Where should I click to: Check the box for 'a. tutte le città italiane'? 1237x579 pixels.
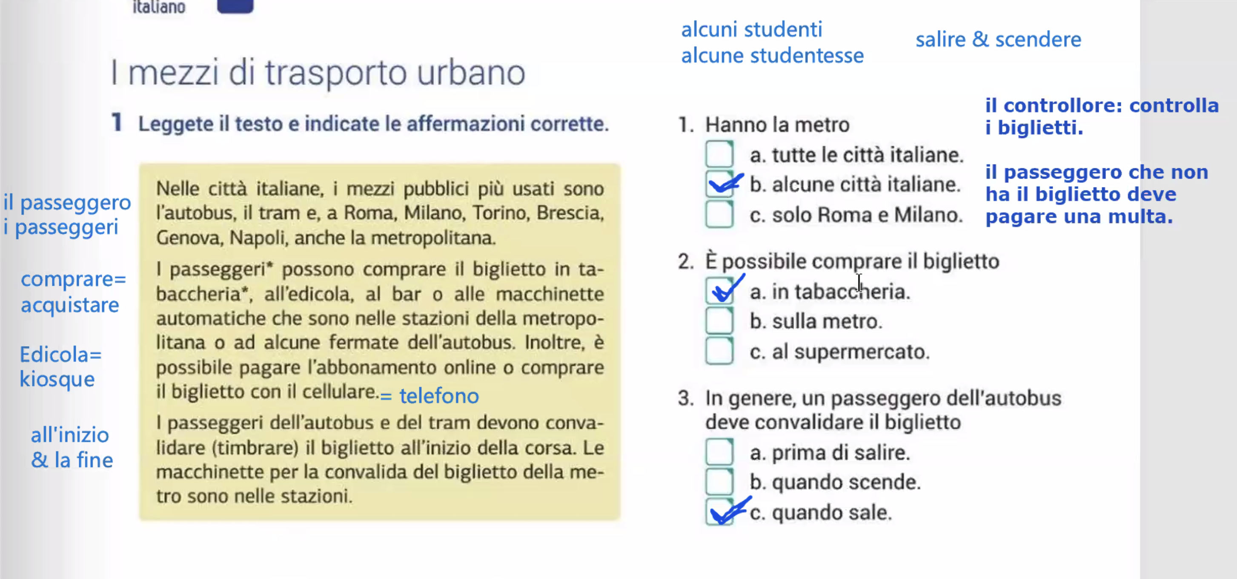(719, 154)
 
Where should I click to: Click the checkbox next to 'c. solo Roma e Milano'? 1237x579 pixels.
(719, 214)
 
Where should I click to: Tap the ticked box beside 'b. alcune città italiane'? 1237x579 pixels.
(719, 184)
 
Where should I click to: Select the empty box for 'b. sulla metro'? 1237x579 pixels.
(719, 321)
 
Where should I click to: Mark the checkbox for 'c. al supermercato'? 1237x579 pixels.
(719, 351)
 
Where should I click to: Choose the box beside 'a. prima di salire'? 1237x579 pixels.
(719, 452)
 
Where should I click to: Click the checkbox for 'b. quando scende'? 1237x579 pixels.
(719, 482)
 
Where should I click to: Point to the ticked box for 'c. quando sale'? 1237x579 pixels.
(719, 512)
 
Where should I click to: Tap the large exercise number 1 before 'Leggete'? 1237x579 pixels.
(117, 123)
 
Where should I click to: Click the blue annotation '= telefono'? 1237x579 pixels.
(430, 396)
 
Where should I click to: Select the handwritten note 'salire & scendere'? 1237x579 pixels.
(998, 40)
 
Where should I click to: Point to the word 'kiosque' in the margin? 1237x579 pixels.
(57, 380)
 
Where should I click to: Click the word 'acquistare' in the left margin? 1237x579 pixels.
(70, 305)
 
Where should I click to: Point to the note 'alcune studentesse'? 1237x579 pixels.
(772, 56)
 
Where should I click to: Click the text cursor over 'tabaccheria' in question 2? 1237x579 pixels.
(859, 283)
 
